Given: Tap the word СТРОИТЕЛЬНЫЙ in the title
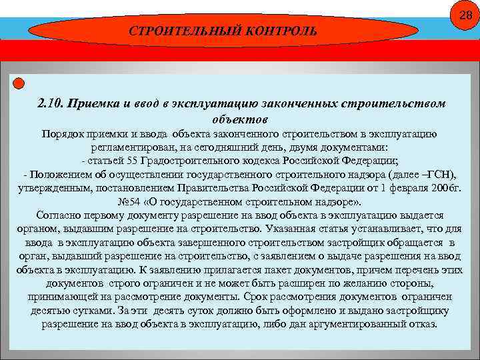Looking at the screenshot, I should tap(171, 31).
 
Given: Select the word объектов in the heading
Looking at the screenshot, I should tap(239, 119).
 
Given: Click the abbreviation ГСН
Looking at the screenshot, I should tap(438, 175).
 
